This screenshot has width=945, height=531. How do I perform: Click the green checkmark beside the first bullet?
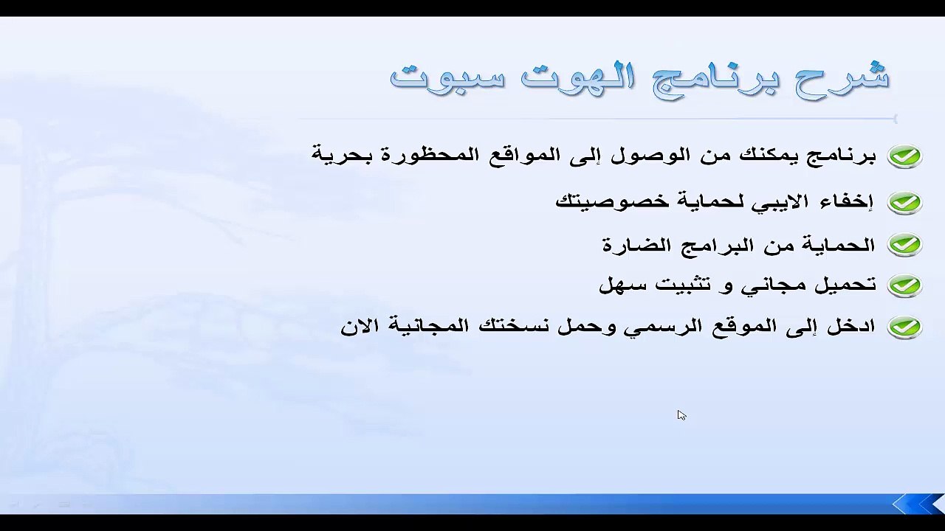click(904, 156)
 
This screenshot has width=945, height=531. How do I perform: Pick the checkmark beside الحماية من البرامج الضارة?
click(904, 244)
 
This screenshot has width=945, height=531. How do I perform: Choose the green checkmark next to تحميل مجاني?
click(904, 285)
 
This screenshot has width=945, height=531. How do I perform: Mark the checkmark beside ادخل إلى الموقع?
click(904, 326)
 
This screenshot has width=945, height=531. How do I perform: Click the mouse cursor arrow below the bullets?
click(681, 414)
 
